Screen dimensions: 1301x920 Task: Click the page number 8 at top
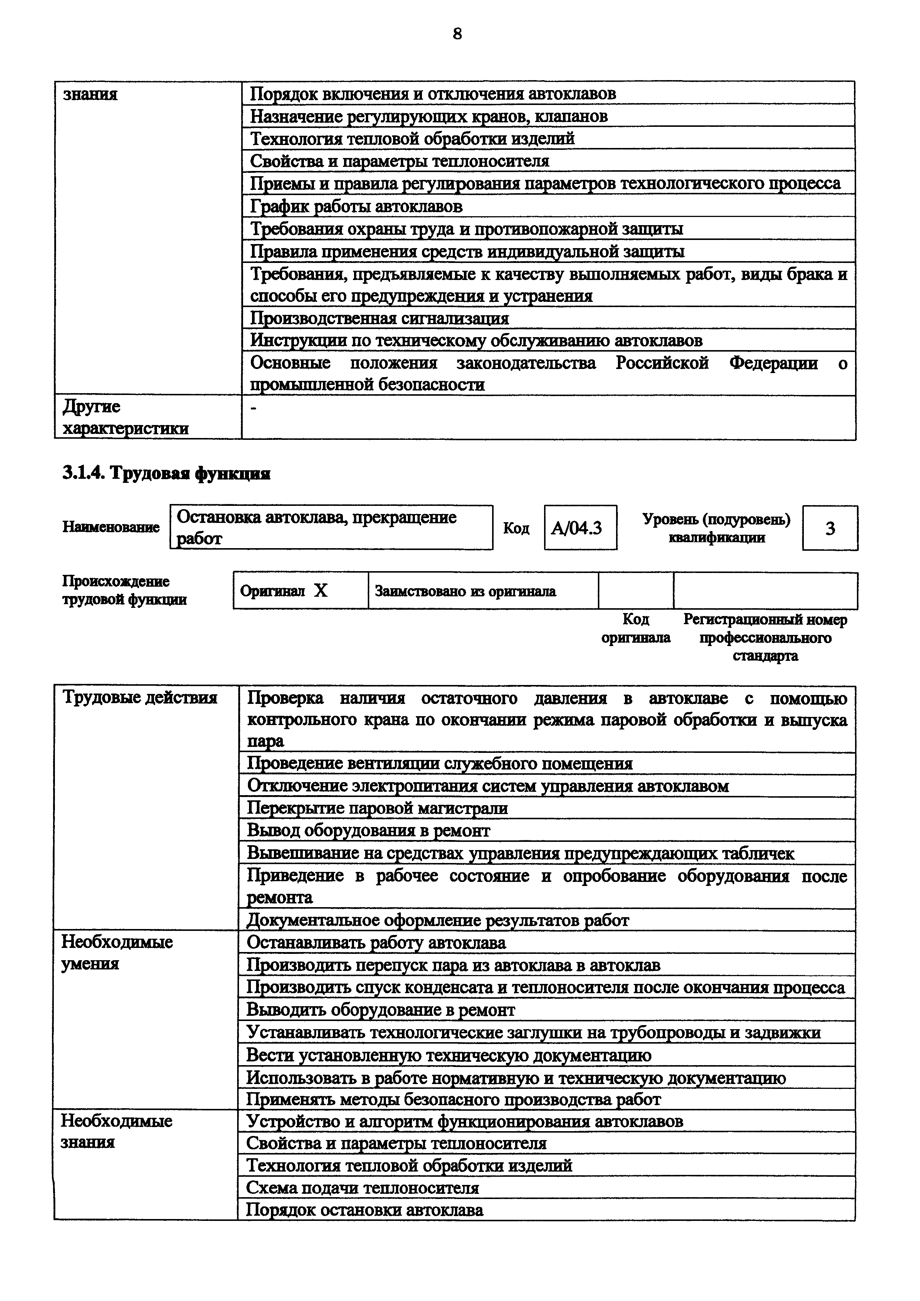coord(458,34)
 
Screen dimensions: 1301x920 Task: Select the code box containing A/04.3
coord(580,527)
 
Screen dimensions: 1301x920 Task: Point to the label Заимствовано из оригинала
coord(465,592)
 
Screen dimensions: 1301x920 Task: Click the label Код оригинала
coord(635,628)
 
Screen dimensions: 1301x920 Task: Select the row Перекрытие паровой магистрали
coord(377,808)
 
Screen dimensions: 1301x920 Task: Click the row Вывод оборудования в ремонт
coord(369,831)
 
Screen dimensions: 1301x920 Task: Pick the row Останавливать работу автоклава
coord(376,943)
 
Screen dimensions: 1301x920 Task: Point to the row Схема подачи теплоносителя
coord(362,1188)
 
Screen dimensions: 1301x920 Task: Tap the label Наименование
coord(111,527)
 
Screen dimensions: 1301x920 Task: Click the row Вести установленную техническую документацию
coord(448,1055)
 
